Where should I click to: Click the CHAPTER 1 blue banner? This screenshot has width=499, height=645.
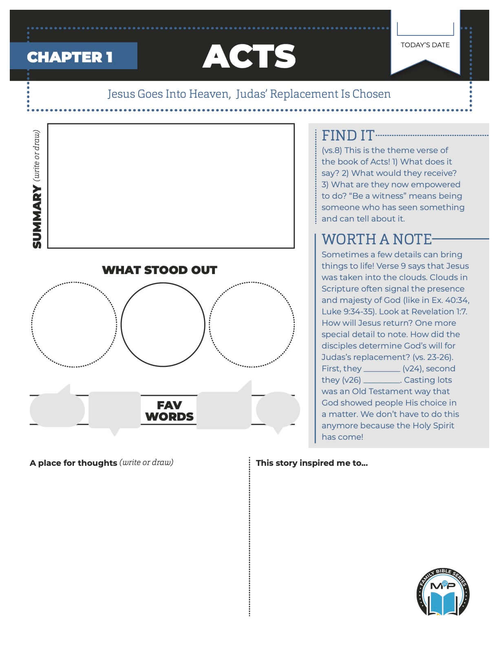73,56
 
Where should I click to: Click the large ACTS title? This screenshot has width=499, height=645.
249,56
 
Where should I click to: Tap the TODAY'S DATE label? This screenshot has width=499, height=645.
425,45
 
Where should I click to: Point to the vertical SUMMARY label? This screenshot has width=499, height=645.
37,216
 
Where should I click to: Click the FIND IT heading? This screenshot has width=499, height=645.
348,135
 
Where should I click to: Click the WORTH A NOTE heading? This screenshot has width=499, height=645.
376,239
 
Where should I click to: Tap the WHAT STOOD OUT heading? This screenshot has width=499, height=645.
159,270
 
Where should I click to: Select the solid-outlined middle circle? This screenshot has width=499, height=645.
163,325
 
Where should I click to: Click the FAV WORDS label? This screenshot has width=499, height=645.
169,411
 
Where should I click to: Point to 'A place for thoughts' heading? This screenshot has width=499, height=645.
73,463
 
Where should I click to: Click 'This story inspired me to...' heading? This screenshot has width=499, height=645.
312,463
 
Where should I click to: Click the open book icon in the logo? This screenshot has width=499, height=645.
443,603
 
